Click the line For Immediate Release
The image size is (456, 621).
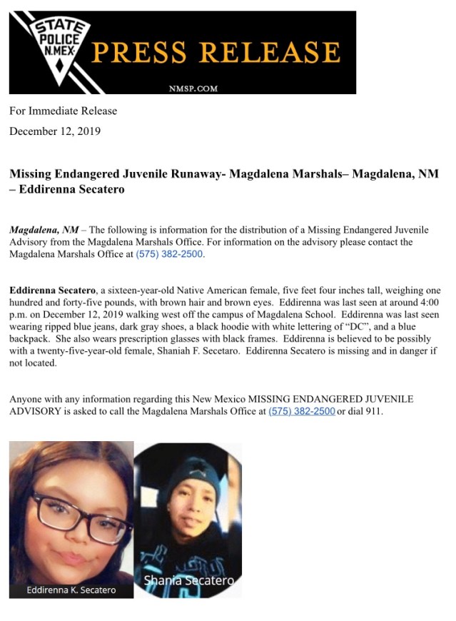[x=63, y=111]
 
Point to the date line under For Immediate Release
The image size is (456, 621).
[x=55, y=131]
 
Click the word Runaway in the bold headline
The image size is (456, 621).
[x=193, y=174]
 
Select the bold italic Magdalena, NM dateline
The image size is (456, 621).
[x=44, y=230]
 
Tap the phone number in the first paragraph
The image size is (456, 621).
[x=169, y=254]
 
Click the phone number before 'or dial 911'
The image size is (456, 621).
[x=301, y=411]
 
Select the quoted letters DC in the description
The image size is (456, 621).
[x=347, y=338]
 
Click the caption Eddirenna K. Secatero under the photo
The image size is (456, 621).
[x=71, y=590]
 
